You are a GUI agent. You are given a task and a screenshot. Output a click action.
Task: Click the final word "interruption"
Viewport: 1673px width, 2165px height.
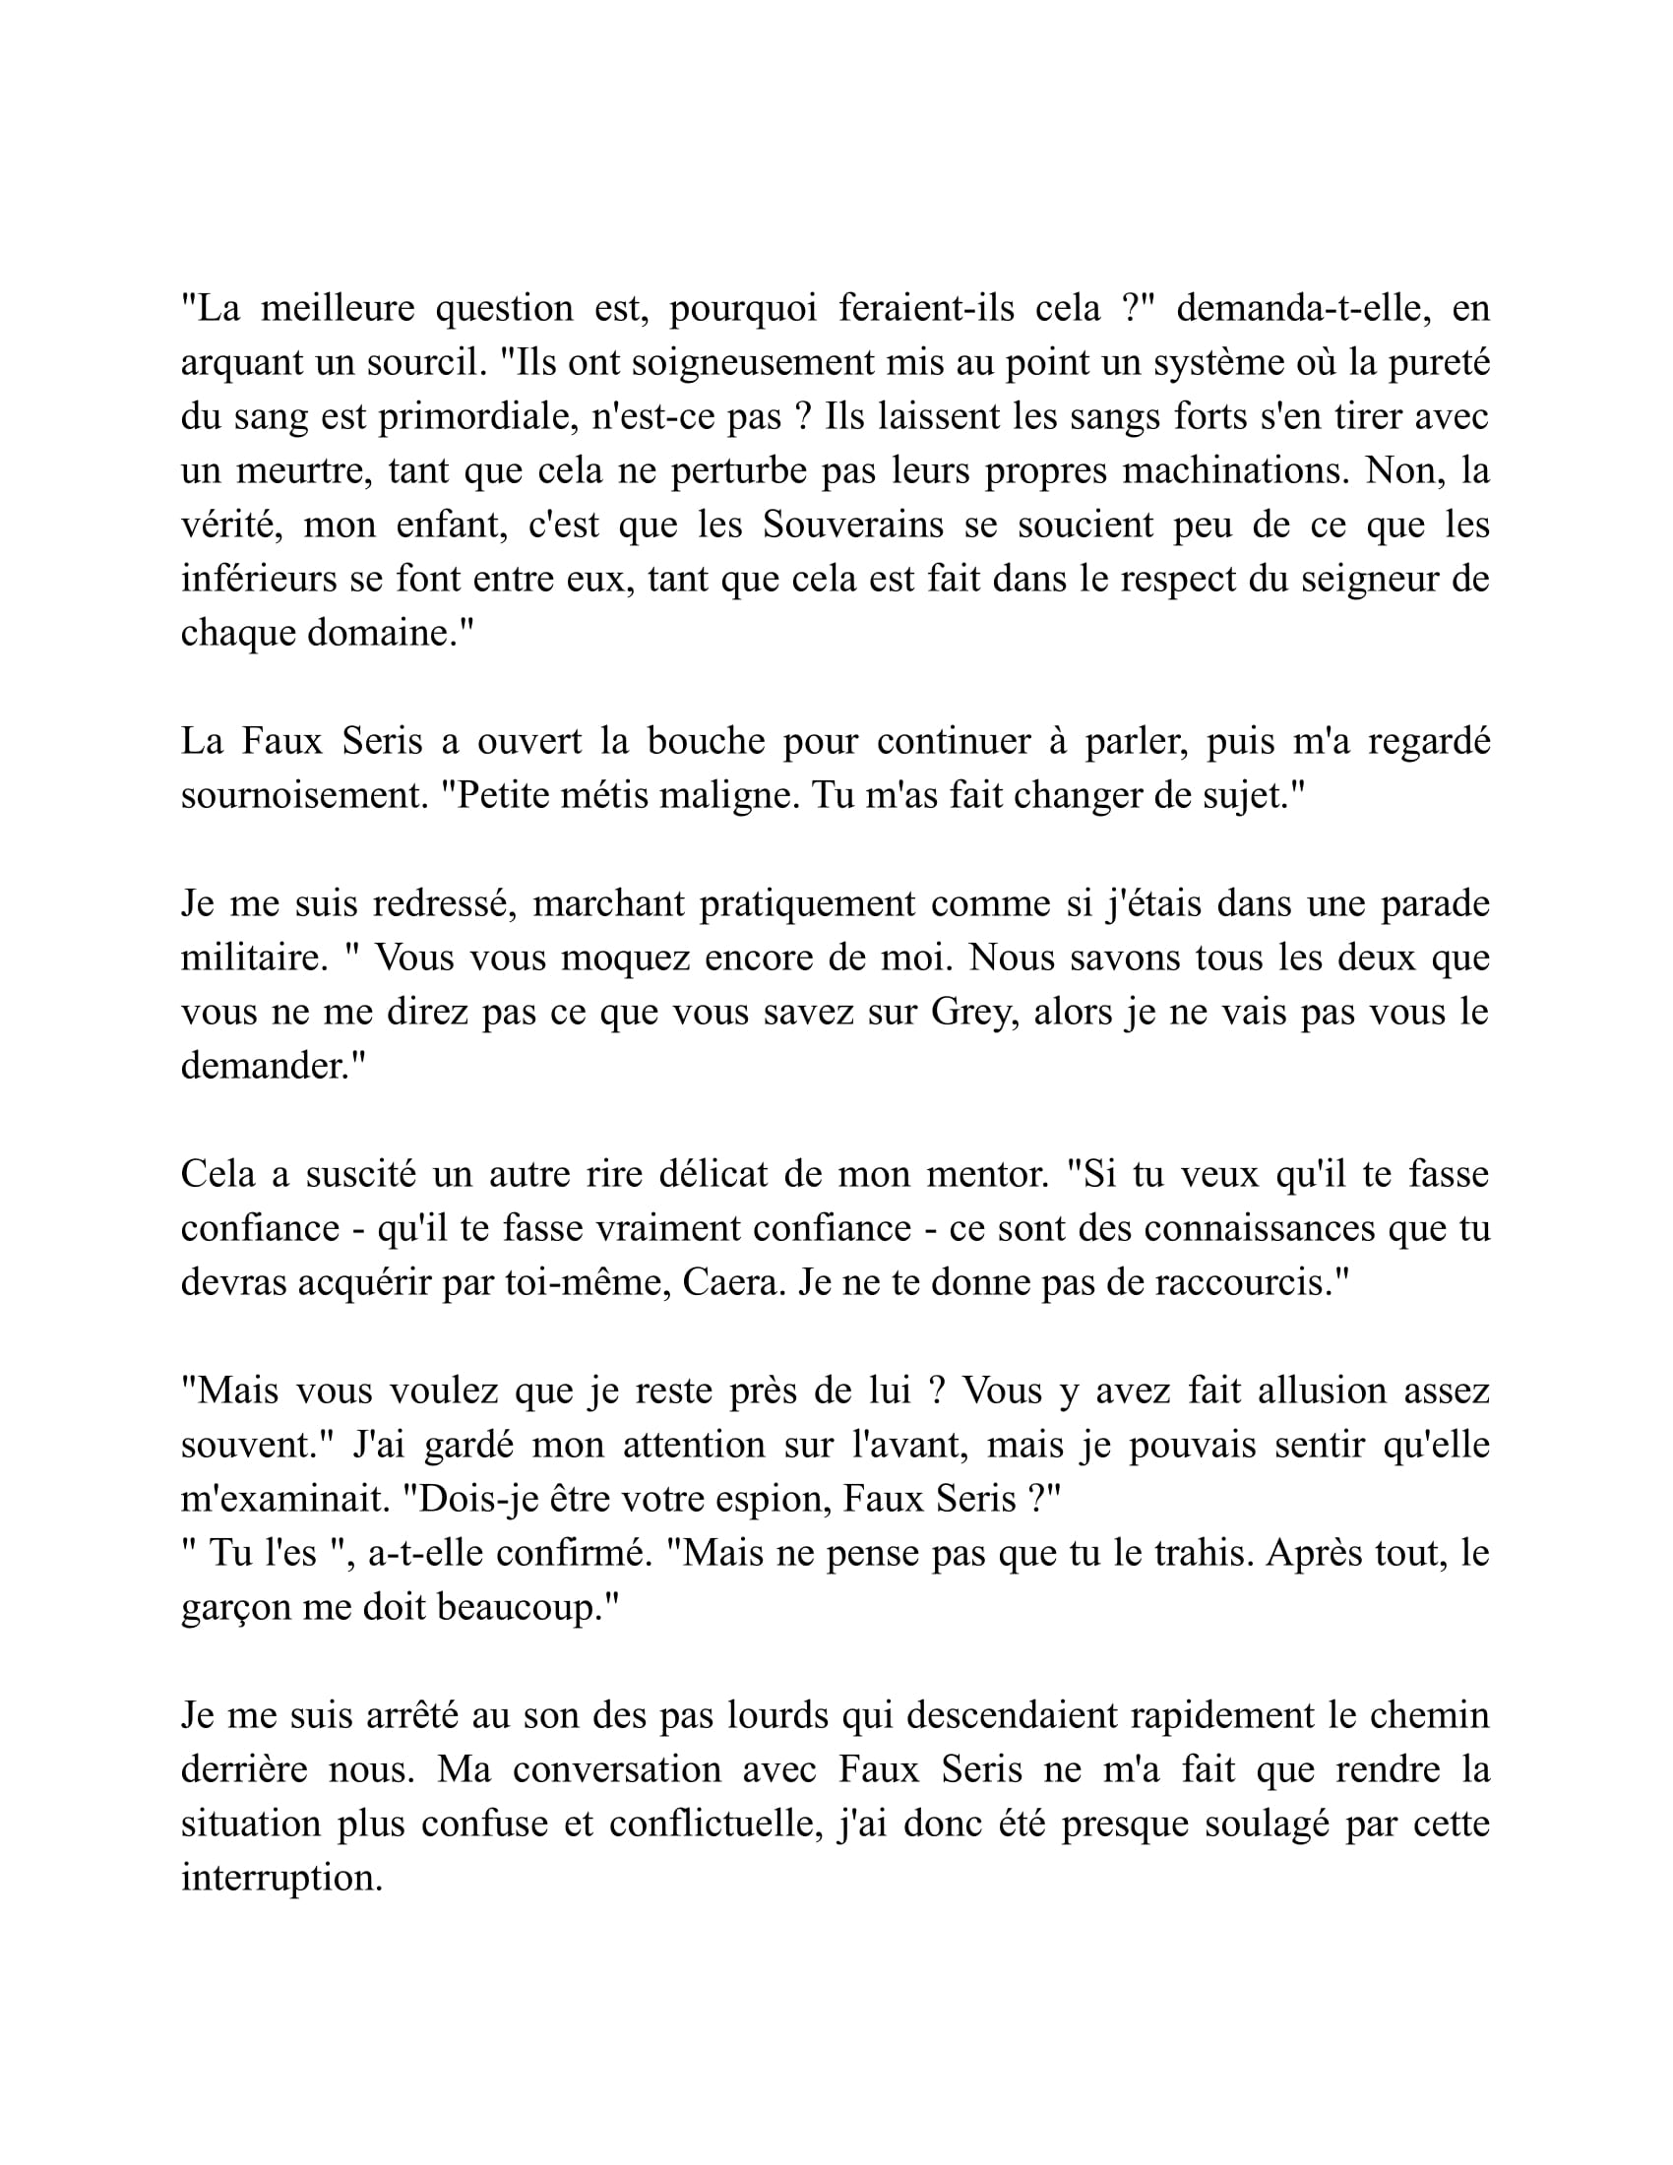pos(281,1878)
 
